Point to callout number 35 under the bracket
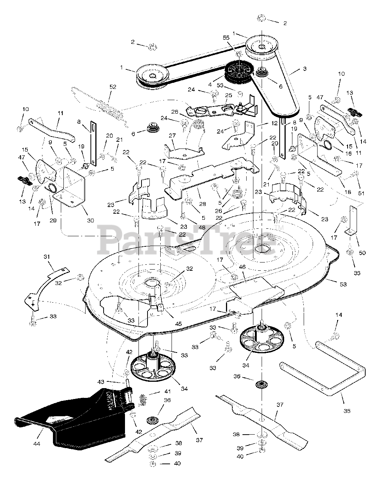347,411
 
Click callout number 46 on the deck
242,267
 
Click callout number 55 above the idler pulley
236,38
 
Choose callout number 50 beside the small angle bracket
362,253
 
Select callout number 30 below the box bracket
90,220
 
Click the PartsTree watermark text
188,240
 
